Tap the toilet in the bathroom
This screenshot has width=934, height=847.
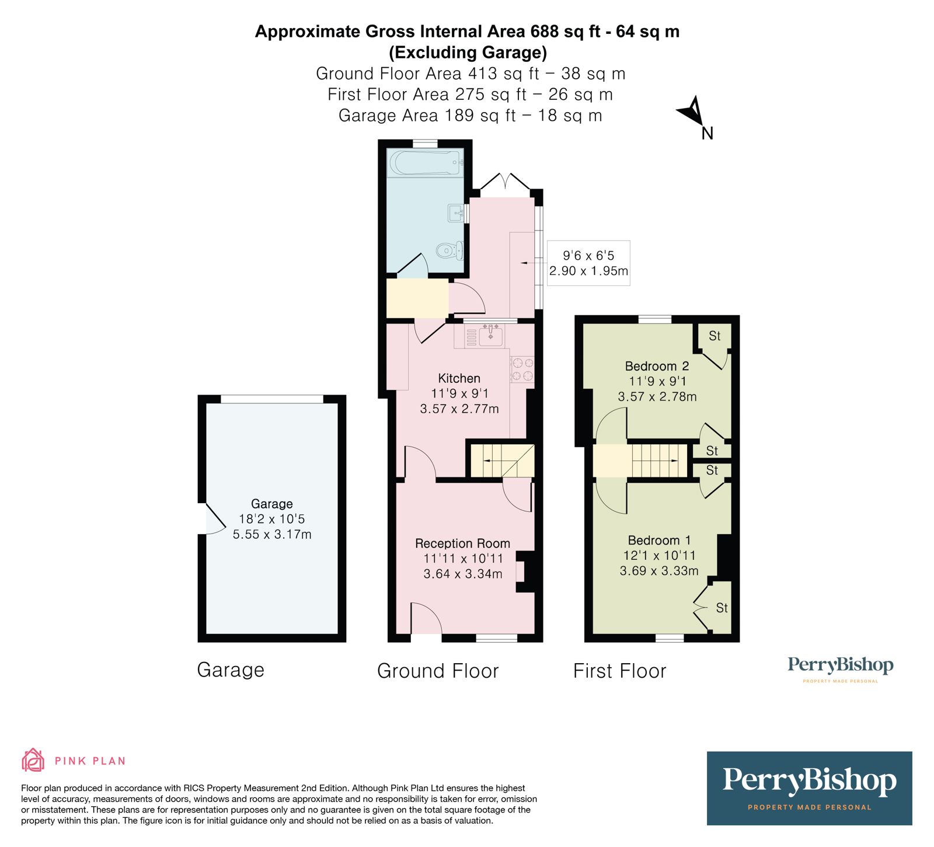click(449, 251)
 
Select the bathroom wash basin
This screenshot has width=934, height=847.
click(456, 213)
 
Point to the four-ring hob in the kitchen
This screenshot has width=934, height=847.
click(522, 369)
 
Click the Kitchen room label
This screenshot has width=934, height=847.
click(459, 378)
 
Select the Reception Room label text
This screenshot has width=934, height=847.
click(462, 543)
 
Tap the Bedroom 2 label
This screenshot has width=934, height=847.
click(657, 366)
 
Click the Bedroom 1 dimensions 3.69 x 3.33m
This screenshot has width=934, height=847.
click(659, 571)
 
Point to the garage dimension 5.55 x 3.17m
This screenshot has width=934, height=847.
click(272, 534)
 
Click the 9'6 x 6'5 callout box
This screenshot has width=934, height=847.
click(588, 263)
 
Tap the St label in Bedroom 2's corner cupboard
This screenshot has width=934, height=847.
click(715, 336)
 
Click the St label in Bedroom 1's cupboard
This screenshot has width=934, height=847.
click(722, 608)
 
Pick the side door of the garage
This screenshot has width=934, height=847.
click(211, 518)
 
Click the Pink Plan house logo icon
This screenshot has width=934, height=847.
click(33, 760)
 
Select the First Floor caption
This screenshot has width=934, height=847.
click(619, 671)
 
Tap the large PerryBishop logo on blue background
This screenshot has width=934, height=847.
click(809, 788)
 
